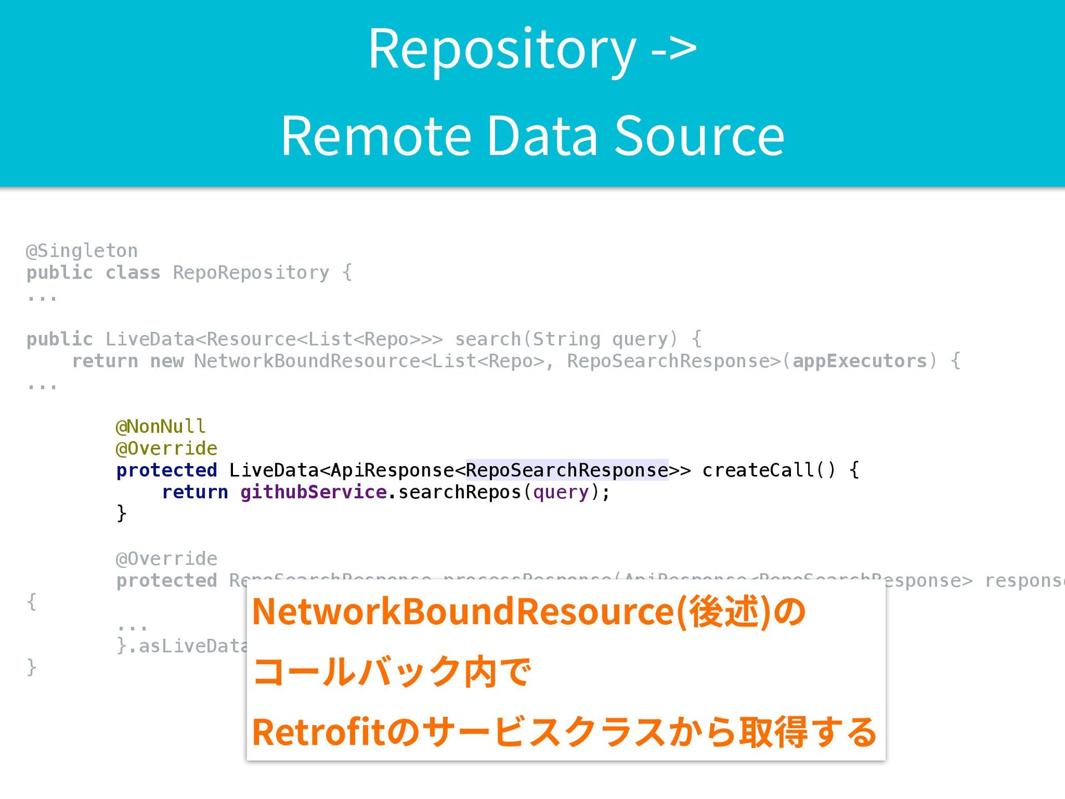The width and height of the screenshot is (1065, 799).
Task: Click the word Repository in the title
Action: tap(502, 50)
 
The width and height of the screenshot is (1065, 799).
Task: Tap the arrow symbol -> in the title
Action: tap(673, 50)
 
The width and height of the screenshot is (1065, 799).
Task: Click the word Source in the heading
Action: tap(699, 136)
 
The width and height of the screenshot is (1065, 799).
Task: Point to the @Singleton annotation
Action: tap(82, 251)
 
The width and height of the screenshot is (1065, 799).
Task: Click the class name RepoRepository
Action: tap(251, 272)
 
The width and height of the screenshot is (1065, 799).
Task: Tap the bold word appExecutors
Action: tap(859, 361)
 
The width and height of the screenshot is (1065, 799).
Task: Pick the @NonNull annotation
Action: tap(160, 427)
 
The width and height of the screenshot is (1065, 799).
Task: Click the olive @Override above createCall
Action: tap(166, 448)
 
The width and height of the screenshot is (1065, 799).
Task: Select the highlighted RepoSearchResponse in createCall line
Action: tap(567, 470)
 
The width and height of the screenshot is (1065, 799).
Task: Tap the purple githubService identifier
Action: tap(313, 492)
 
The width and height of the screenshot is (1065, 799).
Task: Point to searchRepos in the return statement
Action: tap(459, 492)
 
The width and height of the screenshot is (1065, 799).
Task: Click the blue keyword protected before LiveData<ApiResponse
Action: tap(166, 470)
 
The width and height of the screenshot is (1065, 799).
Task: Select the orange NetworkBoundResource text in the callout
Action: tap(463, 611)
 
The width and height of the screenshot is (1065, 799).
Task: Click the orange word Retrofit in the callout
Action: tap(318, 732)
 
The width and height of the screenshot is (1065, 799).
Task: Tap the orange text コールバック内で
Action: tap(392, 672)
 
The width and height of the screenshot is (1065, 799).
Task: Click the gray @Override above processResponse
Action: tap(166, 559)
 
